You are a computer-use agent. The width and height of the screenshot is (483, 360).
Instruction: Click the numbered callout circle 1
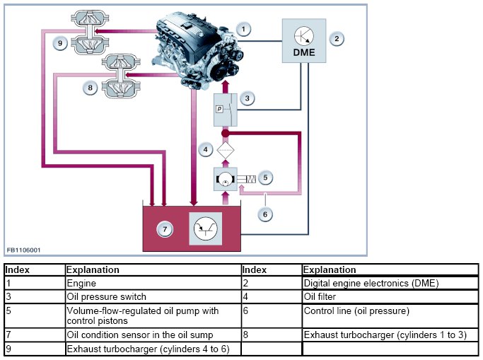click(243, 30)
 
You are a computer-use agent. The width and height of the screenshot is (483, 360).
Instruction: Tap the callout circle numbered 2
click(337, 39)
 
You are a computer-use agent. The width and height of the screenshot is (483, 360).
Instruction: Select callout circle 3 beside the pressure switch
click(247, 98)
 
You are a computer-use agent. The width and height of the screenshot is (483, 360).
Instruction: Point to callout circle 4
click(206, 150)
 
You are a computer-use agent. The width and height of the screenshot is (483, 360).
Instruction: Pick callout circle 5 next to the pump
click(265, 178)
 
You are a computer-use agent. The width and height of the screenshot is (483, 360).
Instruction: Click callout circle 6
click(265, 214)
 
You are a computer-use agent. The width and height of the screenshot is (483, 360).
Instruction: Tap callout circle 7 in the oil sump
click(165, 229)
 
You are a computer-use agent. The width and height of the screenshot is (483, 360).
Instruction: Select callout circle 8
click(90, 88)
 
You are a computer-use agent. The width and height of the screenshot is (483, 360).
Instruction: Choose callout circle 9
click(60, 43)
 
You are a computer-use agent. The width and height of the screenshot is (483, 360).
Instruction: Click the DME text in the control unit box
click(304, 52)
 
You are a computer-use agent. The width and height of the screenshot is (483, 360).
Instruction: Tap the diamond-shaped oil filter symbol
click(226, 151)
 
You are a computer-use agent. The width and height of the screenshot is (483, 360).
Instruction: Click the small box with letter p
click(219, 109)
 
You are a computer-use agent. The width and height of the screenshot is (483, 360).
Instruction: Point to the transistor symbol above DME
click(303, 36)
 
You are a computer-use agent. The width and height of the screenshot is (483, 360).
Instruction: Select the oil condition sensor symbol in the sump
click(206, 228)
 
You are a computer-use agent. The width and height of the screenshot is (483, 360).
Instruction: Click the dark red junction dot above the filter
click(226, 134)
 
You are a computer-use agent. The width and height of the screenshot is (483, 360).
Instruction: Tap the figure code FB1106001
click(24, 250)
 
